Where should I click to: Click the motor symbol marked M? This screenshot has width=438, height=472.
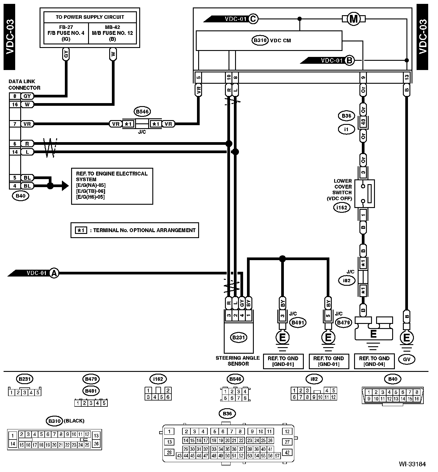coord(353,19)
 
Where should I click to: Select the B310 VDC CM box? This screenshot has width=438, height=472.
coord(269,41)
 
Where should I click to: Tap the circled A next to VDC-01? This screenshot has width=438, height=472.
coord(54,273)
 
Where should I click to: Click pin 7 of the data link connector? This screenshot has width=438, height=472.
coord(15,124)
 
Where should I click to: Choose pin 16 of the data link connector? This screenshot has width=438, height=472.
coord(15,104)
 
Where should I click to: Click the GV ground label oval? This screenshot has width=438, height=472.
coord(407,359)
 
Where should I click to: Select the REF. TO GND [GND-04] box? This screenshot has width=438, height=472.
coord(374,361)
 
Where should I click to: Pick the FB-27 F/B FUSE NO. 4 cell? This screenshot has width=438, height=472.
coord(66,33)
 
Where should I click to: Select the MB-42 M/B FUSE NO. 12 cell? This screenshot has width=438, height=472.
coord(112,33)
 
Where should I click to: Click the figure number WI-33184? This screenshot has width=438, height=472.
coord(413,464)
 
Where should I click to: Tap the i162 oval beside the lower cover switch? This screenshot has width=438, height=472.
coord(342,207)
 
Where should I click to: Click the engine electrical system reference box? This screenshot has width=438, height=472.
coord(112,186)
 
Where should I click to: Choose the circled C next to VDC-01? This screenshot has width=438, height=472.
coord(253,19)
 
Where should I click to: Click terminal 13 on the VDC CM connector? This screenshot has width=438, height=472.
coord(407,77)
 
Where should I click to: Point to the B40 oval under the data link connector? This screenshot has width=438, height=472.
coord(20,196)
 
